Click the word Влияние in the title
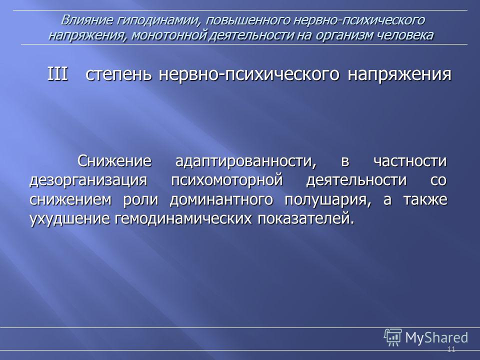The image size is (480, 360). [86, 20]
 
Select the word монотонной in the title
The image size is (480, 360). [168, 35]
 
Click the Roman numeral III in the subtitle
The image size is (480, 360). [57, 74]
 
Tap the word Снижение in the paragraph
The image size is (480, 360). [114, 161]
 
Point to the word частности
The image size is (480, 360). [410, 161]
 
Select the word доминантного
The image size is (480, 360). [221, 200]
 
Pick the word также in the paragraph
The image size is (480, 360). [425, 200]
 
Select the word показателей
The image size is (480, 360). [306, 219]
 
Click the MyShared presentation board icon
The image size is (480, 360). [393, 337]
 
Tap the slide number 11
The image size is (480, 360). [451, 349]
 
